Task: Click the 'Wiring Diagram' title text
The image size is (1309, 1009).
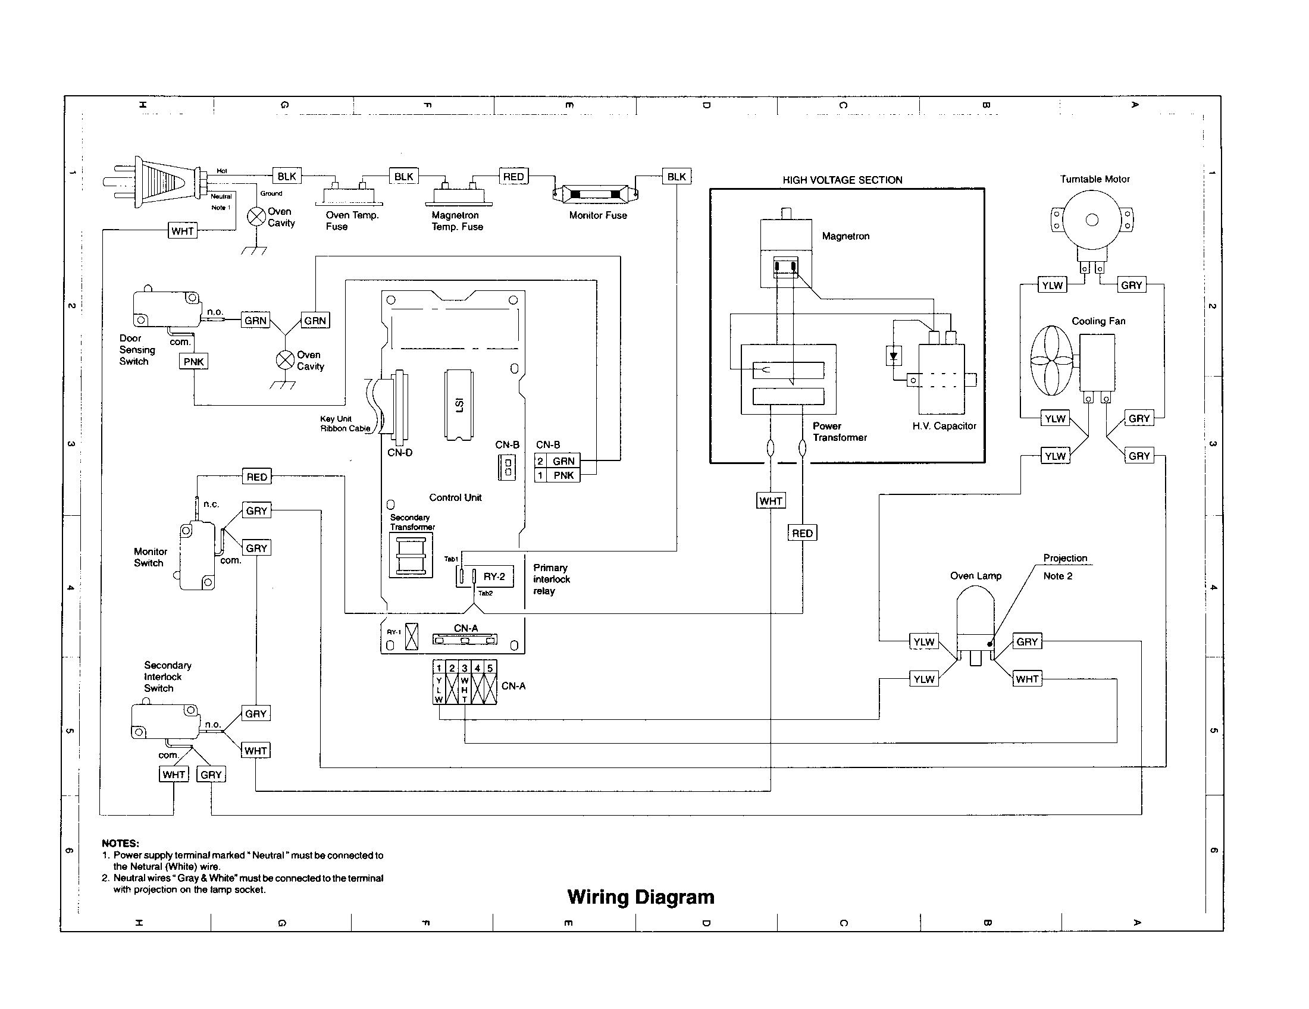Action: [640, 897]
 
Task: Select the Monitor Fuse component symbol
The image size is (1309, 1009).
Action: [595, 195]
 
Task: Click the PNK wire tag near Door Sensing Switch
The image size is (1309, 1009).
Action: [193, 361]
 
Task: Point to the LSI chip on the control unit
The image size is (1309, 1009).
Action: [459, 406]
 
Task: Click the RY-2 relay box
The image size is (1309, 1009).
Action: [494, 576]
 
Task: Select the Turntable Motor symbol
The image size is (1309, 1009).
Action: [1092, 221]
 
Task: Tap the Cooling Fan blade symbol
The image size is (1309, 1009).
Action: [1052, 361]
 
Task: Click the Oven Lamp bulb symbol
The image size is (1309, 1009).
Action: [975, 617]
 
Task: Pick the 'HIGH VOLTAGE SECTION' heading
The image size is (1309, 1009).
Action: [842, 180]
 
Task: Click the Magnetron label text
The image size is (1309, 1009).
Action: [845, 236]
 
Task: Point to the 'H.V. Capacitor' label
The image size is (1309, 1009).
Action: [944, 426]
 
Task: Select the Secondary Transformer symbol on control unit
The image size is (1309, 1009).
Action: [411, 556]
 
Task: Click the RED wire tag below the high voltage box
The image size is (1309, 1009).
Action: [802, 533]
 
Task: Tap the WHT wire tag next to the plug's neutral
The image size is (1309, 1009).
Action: [182, 231]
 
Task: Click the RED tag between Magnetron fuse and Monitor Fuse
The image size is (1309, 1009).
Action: [513, 177]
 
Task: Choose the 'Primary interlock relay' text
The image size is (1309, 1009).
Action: [551, 579]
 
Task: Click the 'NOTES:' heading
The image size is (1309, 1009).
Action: [120, 843]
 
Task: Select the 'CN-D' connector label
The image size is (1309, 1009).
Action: [400, 453]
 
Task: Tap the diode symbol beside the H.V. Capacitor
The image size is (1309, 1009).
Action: [894, 356]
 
